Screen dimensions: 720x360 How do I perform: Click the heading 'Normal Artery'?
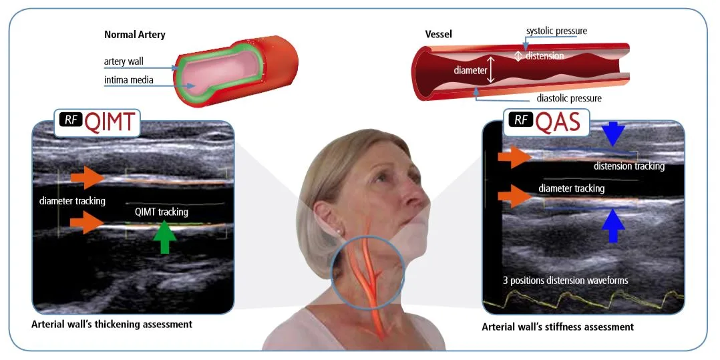pyautogui.click(x=134, y=35)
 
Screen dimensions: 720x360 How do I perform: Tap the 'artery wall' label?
pyautogui.click(x=124, y=61)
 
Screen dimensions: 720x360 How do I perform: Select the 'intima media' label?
pyautogui.click(x=128, y=80)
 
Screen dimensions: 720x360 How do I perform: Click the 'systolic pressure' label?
pyautogui.click(x=556, y=31)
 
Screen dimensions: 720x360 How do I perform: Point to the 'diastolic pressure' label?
pyautogui.click(x=569, y=98)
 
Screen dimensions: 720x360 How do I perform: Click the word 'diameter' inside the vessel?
pyautogui.click(x=470, y=70)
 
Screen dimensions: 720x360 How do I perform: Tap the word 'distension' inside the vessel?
pyautogui.click(x=544, y=55)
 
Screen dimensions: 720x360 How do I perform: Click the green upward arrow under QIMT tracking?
pyautogui.click(x=164, y=236)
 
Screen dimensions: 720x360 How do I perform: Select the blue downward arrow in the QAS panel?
pyautogui.click(x=613, y=134)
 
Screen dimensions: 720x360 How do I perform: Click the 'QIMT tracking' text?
pyautogui.click(x=162, y=212)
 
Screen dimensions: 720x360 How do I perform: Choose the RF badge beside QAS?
pyautogui.click(x=520, y=120)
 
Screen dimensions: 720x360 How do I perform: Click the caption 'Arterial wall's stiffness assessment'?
pyautogui.click(x=558, y=327)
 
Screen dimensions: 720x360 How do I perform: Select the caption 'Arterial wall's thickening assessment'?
pyautogui.click(x=112, y=324)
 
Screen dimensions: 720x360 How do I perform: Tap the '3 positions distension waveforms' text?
pyautogui.click(x=565, y=280)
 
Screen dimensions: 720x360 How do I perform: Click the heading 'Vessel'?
pyautogui.click(x=439, y=35)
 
